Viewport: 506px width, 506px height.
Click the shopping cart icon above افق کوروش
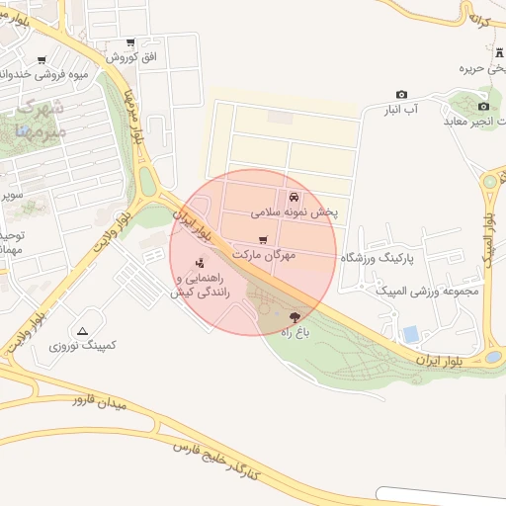point(130,42)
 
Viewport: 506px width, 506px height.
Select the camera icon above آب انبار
point(401,94)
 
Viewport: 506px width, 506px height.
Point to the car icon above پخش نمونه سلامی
point(295,196)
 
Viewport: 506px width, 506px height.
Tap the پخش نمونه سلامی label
point(295,211)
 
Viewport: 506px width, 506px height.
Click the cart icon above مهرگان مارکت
point(262,240)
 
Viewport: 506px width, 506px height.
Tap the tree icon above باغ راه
point(295,317)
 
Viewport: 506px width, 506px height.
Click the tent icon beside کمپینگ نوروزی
point(82,330)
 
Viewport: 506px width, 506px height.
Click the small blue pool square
point(410,335)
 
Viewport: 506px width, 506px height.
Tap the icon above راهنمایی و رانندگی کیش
point(200,263)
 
